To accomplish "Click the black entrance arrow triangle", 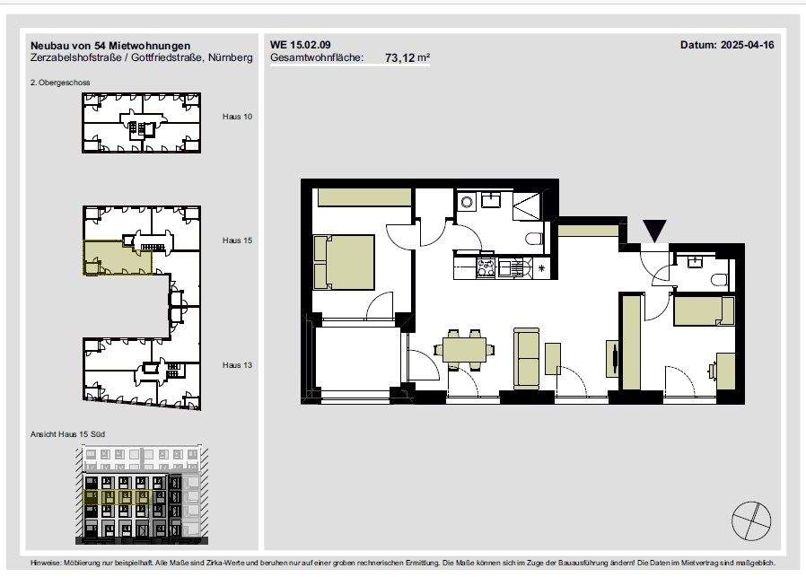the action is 655,231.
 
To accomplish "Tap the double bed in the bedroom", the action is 344,263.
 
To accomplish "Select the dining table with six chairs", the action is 464,349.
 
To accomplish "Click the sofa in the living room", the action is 526,358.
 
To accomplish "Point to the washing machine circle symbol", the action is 467,202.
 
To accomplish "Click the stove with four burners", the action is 486,267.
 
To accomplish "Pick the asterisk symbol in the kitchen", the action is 541,267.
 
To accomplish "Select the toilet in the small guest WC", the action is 721,280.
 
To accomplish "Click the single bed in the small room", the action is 704,310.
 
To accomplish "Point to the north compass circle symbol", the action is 751,521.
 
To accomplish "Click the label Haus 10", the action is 238,117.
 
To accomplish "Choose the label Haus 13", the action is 238,365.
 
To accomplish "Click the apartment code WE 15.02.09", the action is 300,45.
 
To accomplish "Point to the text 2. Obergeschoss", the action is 60,83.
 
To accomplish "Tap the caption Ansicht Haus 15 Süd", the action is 67,434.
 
